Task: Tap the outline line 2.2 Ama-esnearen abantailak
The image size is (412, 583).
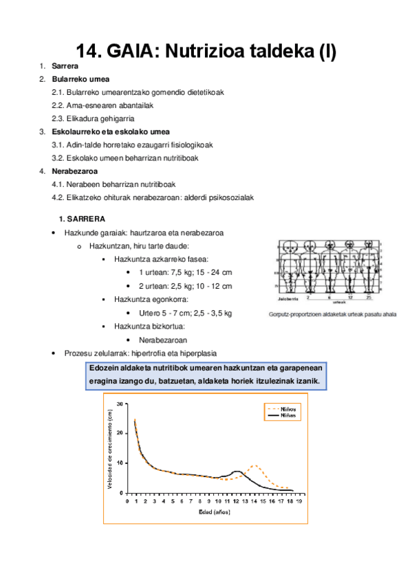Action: point(102,105)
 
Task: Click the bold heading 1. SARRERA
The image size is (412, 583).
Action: point(82,219)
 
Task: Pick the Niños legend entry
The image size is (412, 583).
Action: point(292,408)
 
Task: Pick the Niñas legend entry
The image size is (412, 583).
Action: point(292,415)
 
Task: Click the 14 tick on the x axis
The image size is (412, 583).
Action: point(254,501)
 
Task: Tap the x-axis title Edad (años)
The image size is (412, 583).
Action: point(215,512)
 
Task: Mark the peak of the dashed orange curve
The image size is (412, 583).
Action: point(254,466)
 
